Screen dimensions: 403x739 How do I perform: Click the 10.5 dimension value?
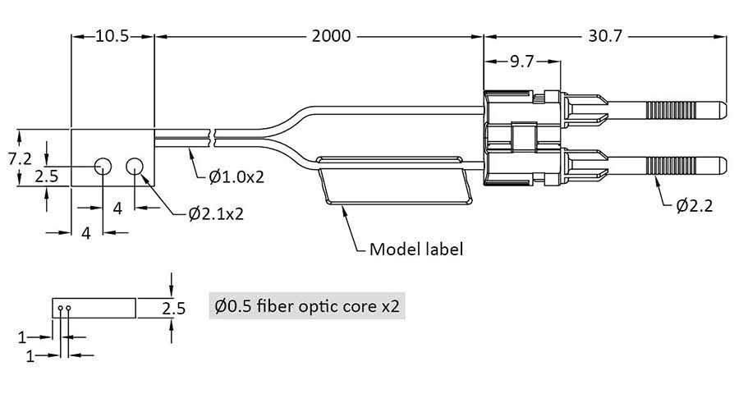(112, 37)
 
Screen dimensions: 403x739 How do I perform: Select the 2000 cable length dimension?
(331, 37)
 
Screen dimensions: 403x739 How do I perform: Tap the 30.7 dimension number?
(607, 37)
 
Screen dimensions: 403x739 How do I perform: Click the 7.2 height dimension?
(21, 158)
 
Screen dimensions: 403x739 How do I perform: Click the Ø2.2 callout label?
(695, 206)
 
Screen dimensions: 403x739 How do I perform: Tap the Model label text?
(416, 249)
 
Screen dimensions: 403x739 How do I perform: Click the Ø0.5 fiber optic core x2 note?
(307, 307)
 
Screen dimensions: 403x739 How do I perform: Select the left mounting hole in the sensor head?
(103, 167)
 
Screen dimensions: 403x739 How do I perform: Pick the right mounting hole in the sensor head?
(135, 167)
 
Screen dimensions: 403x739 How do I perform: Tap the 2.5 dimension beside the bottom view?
(173, 309)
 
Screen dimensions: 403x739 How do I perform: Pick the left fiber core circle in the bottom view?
(61, 309)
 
